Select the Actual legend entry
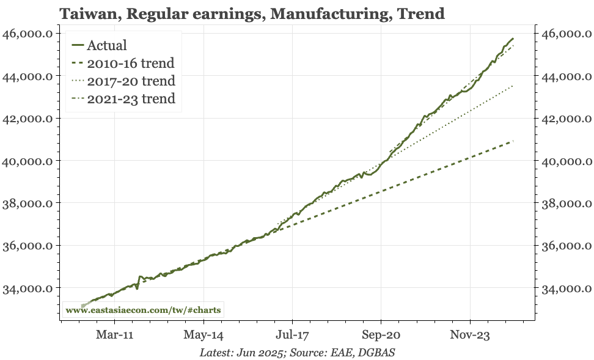point(99,45)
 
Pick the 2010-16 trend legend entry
point(123,63)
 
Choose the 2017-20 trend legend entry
point(123,81)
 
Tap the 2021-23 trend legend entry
point(123,98)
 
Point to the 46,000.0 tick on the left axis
point(28,34)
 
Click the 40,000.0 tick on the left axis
point(28,161)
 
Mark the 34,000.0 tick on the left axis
point(28,288)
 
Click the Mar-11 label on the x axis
point(114,334)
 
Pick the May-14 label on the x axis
point(204,334)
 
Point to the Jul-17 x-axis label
point(293,334)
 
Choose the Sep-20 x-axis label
point(381,334)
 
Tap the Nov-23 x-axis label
point(470,334)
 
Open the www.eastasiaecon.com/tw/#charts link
point(143,310)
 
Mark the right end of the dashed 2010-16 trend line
point(513,141)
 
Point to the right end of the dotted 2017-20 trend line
point(513,86)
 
